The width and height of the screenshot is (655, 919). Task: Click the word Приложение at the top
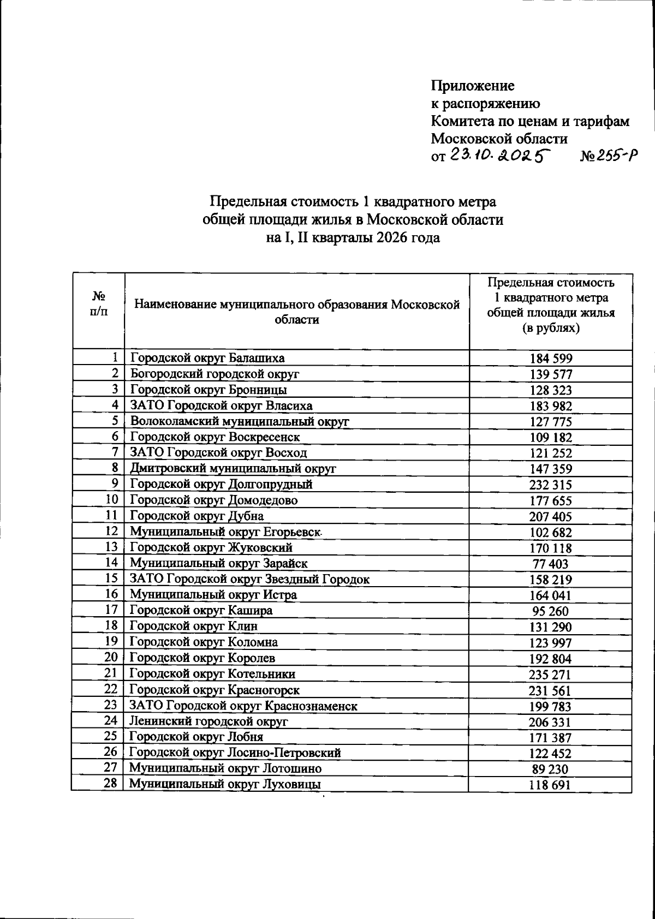(473, 86)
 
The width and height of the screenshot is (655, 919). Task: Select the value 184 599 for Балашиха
(551, 359)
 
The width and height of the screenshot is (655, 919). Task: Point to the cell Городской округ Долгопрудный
(221, 484)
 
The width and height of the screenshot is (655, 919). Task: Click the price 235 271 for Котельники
(550, 675)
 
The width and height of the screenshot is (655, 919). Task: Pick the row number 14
(111, 563)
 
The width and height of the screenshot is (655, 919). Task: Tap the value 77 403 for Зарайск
(550, 564)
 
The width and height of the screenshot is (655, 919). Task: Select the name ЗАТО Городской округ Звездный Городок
(249, 579)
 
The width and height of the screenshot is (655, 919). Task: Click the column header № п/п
(98, 303)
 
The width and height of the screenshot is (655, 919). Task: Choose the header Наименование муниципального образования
(297, 312)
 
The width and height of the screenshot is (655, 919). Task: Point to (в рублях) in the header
(551, 329)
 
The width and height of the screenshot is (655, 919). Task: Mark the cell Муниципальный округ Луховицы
(224, 784)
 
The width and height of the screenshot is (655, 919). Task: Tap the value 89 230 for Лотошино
(550, 769)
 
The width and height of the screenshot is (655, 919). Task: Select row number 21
(111, 673)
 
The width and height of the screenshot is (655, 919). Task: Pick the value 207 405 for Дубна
(550, 516)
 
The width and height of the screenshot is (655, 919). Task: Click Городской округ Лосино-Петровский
(235, 753)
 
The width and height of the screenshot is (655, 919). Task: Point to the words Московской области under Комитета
(499, 139)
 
